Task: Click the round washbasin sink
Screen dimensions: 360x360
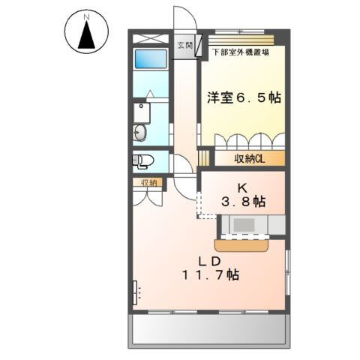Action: click(141, 133)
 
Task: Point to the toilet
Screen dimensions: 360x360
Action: click(144, 160)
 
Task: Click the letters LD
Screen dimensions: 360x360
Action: click(208, 260)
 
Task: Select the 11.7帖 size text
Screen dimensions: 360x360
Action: click(208, 275)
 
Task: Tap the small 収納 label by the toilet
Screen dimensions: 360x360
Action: click(148, 182)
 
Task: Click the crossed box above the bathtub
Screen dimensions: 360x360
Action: click(151, 40)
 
